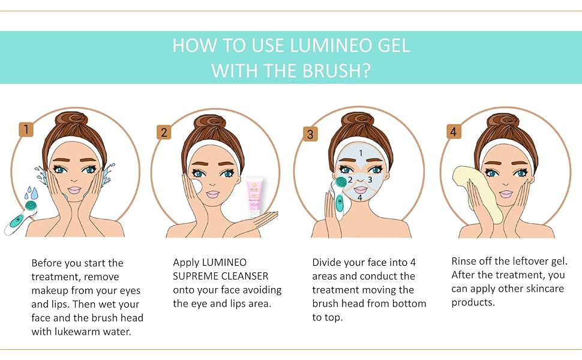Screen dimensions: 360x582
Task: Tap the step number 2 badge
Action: (164, 132)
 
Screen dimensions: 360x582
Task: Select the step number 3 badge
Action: (310, 134)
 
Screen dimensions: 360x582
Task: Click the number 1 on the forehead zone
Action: (361, 153)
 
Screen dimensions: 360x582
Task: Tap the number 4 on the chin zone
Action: (359, 197)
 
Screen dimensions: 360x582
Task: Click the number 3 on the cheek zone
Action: (370, 179)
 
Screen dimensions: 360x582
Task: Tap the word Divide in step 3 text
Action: (328, 262)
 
